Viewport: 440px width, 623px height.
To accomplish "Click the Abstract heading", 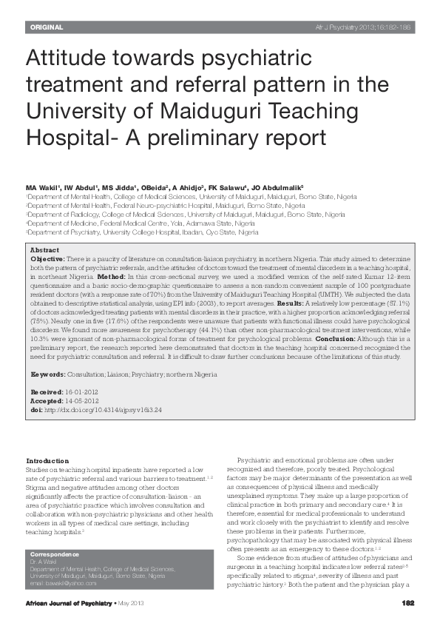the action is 44,251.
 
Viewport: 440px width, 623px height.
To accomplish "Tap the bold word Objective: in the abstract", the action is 47,260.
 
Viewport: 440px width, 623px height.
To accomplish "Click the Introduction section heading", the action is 47,461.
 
